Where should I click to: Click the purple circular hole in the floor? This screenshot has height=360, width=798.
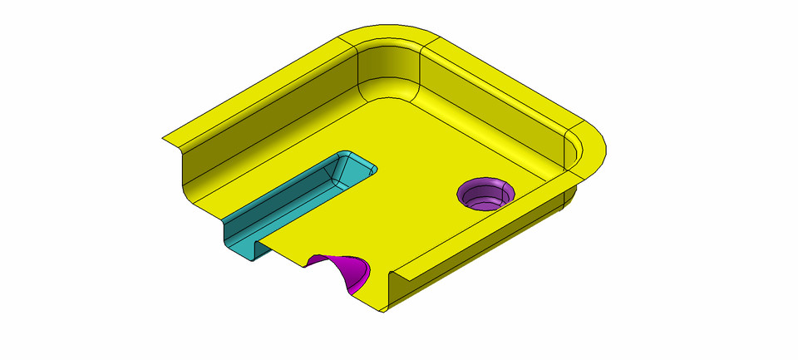pos(485,195)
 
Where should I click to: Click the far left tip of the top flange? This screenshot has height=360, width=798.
pos(164,138)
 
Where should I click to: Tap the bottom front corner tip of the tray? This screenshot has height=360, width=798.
pos(383,309)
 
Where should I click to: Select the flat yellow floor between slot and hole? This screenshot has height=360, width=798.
pos(416,183)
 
